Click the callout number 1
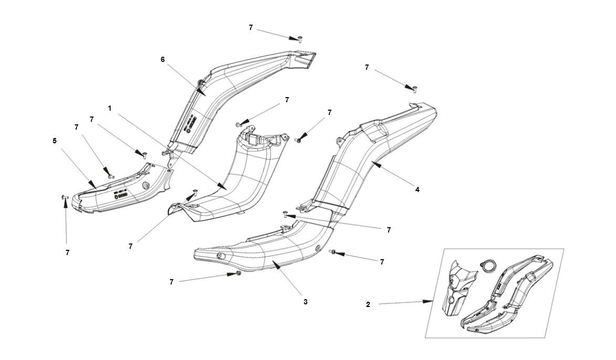(x=110, y=108)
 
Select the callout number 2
(x=368, y=304)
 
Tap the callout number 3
(x=305, y=302)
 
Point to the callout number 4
(x=417, y=189)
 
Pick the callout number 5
(x=55, y=141)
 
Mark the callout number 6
(x=163, y=59)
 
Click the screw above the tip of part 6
(x=299, y=38)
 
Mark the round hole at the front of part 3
(x=219, y=256)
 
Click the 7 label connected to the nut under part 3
(x=171, y=282)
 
